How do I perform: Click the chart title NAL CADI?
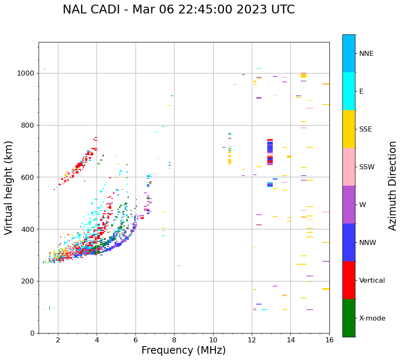(x=178, y=10)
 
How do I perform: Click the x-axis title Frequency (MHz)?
(x=183, y=350)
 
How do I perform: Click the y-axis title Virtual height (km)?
(x=9, y=187)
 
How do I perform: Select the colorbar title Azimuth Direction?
(x=392, y=185)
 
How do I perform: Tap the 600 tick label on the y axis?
(x=29, y=177)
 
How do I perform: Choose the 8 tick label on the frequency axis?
(x=174, y=340)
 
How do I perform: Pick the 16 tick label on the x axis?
(x=329, y=340)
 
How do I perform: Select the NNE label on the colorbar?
(x=366, y=54)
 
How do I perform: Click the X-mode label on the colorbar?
(x=372, y=318)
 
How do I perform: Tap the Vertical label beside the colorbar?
(x=372, y=281)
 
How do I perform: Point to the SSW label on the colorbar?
(x=367, y=167)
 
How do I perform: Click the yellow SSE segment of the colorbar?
(x=349, y=129)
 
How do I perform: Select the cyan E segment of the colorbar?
(x=349, y=91)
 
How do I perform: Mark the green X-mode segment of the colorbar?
(x=349, y=318)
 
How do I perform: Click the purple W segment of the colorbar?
(x=349, y=205)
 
